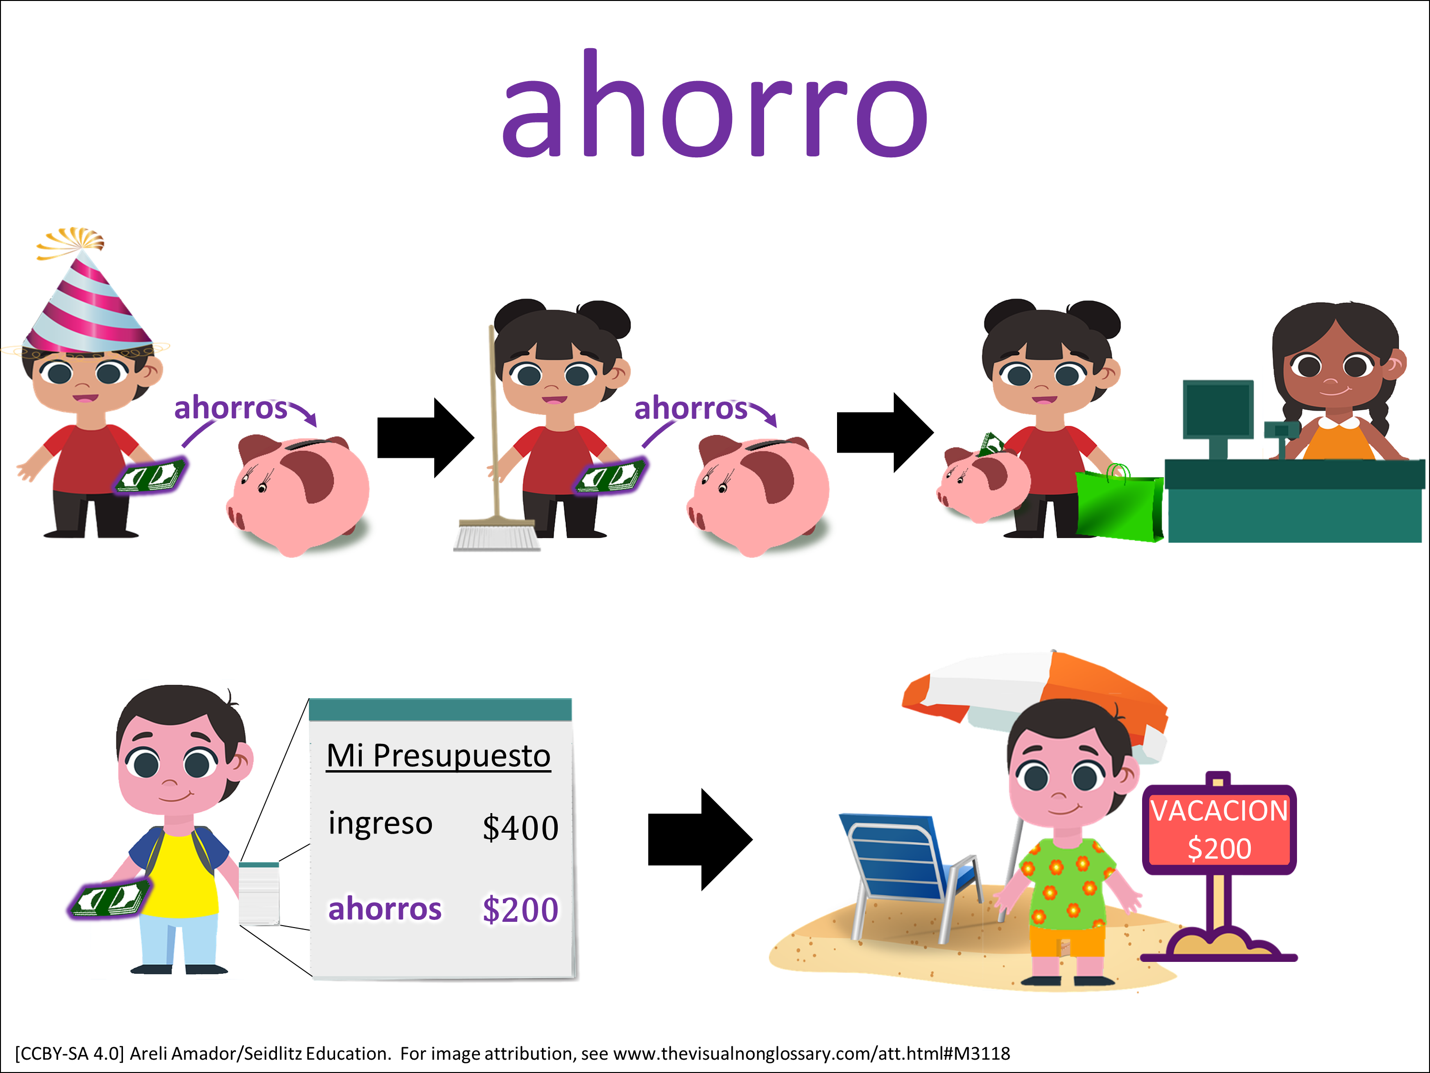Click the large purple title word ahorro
click(715, 103)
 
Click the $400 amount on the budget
click(521, 828)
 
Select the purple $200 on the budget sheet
click(521, 909)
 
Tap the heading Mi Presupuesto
click(439, 755)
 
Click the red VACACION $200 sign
click(1219, 829)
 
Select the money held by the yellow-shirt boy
click(109, 899)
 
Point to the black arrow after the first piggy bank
click(425, 438)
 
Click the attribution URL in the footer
click(811, 1053)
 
